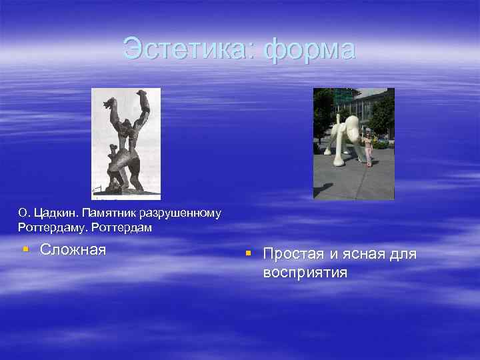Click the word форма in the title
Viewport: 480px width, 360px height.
click(310, 50)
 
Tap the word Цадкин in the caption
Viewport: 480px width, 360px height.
click(56, 213)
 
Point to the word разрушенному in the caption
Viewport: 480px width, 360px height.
click(183, 213)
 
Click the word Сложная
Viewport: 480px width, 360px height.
click(73, 250)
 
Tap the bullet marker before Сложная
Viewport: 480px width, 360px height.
click(24, 249)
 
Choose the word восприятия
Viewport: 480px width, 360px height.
click(305, 272)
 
